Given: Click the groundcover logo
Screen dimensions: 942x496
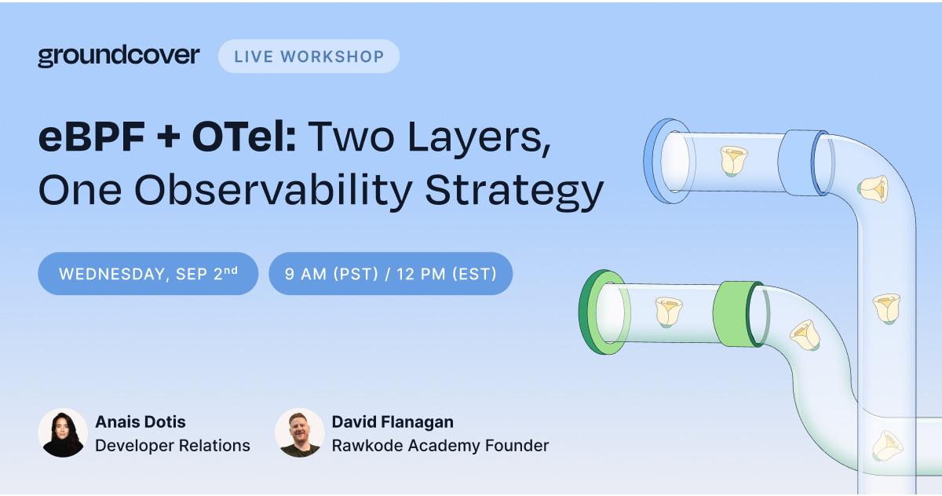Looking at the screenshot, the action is [x=119, y=57].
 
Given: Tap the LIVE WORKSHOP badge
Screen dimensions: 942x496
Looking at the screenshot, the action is [x=309, y=57].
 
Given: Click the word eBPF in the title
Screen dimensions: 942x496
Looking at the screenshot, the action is [x=92, y=137].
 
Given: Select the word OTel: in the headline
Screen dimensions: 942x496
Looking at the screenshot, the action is [x=244, y=137].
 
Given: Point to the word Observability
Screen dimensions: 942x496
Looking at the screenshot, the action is [x=273, y=191].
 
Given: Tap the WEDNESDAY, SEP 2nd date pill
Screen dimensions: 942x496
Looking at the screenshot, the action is [x=148, y=274].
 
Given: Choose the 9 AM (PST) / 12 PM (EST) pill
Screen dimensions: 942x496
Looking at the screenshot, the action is [x=391, y=274].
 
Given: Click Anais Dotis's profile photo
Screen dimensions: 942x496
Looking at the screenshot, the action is [x=63, y=432].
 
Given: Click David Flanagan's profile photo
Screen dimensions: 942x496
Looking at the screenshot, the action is [x=299, y=432].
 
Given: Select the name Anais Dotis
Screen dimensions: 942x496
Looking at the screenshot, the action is [x=141, y=421].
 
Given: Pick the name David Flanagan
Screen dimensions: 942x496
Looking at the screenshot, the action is [x=392, y=421].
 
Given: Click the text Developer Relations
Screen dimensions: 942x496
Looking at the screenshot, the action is [x=173, y=446].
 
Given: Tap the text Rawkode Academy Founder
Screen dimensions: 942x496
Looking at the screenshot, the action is [x=440, y=446].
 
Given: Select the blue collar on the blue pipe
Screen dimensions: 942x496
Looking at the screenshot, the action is [x=802, y=162].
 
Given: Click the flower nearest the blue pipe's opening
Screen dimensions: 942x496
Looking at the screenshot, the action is [x=733, y=161].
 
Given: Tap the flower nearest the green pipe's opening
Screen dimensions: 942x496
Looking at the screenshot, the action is [x=669, y=312].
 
